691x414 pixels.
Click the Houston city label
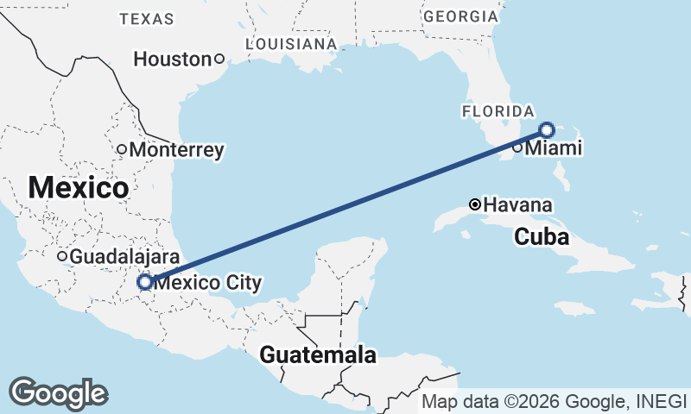tap(172, 60)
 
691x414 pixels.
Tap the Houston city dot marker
tap(219, 59)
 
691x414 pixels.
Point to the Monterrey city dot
tap(122, 149)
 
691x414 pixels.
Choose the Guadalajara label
tap(124, 256)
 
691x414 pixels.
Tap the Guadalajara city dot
tap(62, 256)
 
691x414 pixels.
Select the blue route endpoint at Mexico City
tap(145, 281)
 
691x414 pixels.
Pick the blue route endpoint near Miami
tap(546, 130)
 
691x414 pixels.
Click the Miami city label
tap(554, 148)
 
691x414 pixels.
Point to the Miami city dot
tap(517, 147)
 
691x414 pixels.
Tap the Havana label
tap(519, 205)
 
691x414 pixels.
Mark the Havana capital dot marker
tap(474, 204)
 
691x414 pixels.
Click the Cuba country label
tap(542, 236)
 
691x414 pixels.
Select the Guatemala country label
tap(318, 354)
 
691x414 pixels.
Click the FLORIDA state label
tap(498, 111)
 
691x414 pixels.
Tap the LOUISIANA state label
tap(290, 43)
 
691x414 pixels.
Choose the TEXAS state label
tap(147, 18)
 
